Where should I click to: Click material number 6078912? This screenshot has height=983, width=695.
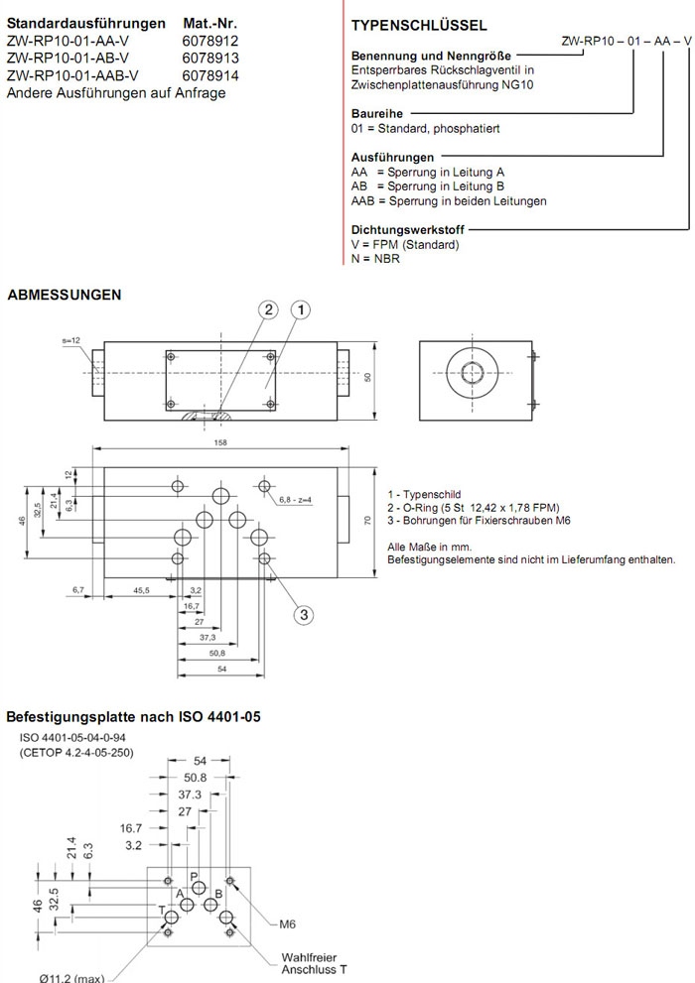point(210,41)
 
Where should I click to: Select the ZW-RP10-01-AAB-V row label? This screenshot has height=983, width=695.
point(72,75)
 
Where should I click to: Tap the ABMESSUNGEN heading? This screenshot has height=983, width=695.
point(65,295)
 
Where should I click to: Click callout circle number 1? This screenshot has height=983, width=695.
point(301,310)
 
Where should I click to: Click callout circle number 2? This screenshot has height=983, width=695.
point(268,310)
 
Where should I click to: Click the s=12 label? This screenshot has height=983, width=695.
point(70,340)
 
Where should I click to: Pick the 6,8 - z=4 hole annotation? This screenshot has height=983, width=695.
point(296,499)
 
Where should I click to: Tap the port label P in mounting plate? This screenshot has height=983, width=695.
point(195,876)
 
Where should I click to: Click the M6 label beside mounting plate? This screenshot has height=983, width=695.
point(287,923)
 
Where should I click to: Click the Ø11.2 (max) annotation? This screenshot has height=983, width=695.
point(71,976)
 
